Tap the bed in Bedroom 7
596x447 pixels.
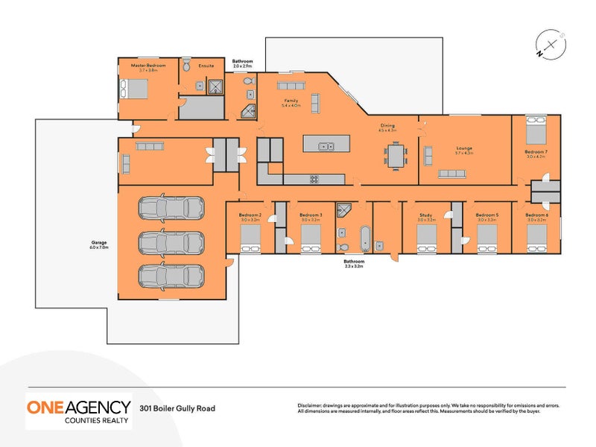[535, 131]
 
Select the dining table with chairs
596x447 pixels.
[396, 155]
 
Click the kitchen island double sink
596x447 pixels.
[326, 146]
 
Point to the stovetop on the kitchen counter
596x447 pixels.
[314, 178]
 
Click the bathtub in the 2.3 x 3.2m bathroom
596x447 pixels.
[364, 240]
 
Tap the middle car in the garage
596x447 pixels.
[171, 242]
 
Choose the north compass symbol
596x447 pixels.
[550, 45]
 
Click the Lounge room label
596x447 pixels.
[464, 148]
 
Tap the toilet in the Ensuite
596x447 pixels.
[187, 65]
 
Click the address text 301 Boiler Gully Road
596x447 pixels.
[178, 408]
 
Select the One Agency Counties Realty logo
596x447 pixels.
[79, 411]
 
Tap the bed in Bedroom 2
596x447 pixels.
[250, 238]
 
